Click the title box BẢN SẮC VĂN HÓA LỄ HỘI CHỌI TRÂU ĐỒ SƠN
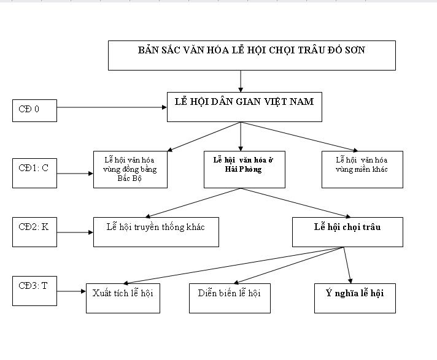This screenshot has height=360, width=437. point(252,56)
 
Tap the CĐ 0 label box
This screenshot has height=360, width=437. point(34,110)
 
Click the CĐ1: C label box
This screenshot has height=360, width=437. point(34,173)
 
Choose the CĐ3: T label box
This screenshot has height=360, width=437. point(34,291)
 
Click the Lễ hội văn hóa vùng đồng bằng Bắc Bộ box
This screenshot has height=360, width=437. point(130,169)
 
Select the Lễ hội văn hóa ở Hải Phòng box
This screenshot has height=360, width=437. point(244,169)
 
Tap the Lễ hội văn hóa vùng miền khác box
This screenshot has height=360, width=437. point(362,169)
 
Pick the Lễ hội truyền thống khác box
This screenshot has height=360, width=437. point(156,232)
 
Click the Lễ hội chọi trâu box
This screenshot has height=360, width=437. point(347,232)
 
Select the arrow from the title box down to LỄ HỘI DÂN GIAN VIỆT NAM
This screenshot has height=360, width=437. point(241,81)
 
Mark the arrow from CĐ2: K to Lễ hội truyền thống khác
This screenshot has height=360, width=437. point(75,232)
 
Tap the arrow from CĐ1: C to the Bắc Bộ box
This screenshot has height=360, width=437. point(75,174)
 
